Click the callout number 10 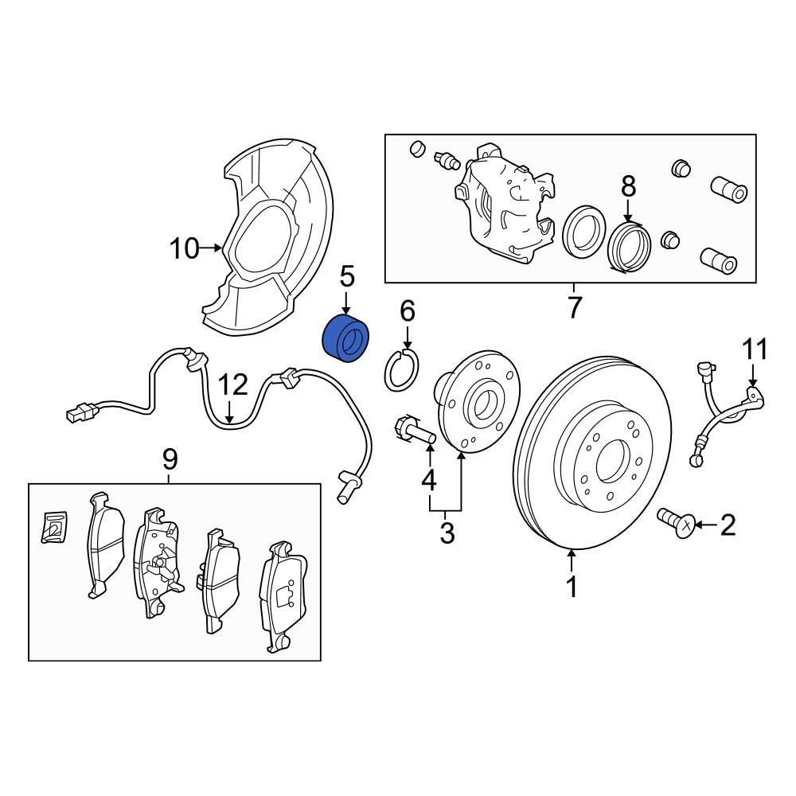[x=185, y=249]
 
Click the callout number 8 [x=629, y=187]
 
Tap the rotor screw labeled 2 [x=674, y=523]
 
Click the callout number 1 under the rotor [x=572, y=587]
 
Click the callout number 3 [x=447, y=533]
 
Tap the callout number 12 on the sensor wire [x=234, y=385]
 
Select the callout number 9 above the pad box [x=170, y=458]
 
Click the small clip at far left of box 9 [x=55, y=527]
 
